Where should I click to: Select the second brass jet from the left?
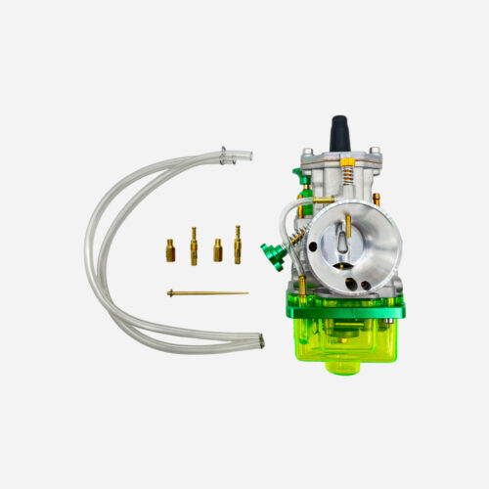194,245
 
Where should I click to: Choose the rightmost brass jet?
238,244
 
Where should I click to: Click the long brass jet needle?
207,292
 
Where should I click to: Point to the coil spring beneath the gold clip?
345,175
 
